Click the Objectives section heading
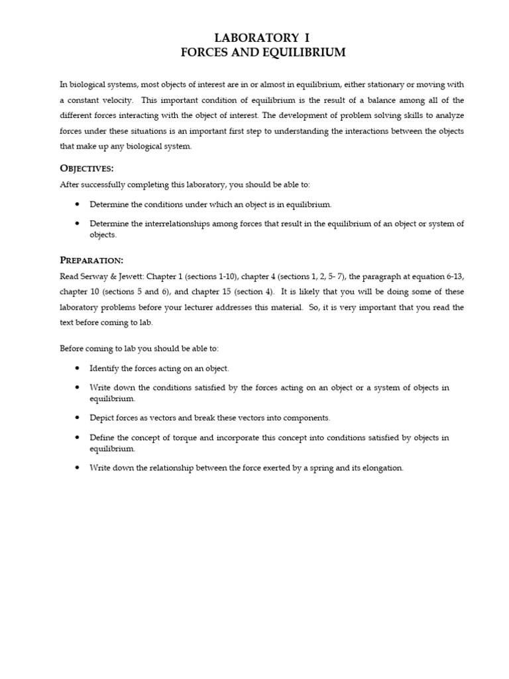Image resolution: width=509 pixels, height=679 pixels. coord(87,168)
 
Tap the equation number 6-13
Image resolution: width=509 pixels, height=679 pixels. coord(452,276)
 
